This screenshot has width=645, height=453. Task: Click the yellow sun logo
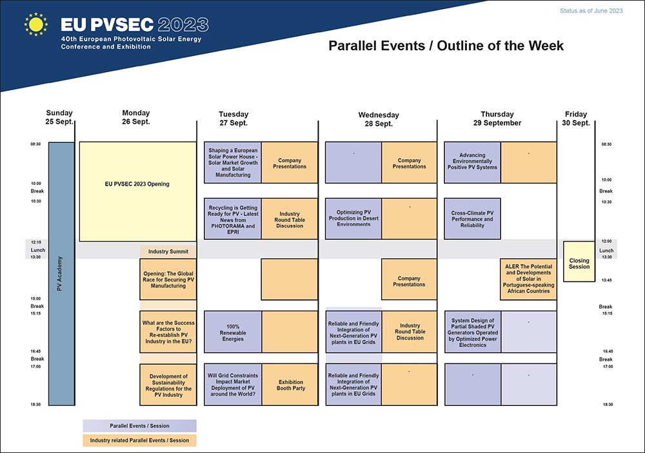(35, 24)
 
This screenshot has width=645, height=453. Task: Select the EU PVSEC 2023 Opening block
(137, 191)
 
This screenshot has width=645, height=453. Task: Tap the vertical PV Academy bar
(61, 274)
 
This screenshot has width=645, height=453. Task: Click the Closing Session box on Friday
(579, 262)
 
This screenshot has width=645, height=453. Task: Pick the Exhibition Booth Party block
(290, 385)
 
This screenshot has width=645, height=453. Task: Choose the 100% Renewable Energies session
(233, 332)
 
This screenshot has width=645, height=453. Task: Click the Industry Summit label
(168, 251)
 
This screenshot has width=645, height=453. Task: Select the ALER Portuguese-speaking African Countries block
(528, 279)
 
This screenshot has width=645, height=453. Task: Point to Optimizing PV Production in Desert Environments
(353, 218)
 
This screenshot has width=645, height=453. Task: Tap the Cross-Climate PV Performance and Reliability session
(472, 218)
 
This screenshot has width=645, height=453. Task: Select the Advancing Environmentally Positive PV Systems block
(472, 162)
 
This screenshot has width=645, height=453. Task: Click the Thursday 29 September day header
(497, 119)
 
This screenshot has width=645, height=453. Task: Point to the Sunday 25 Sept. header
(59, 117)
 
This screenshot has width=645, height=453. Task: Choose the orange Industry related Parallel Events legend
(139, 440)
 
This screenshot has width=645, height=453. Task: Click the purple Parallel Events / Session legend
(139, 426)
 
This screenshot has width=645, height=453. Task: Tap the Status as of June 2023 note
(591, 11)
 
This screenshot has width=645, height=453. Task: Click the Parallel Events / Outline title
(446, 46)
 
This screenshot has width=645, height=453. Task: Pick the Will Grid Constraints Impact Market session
(233, 385)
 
